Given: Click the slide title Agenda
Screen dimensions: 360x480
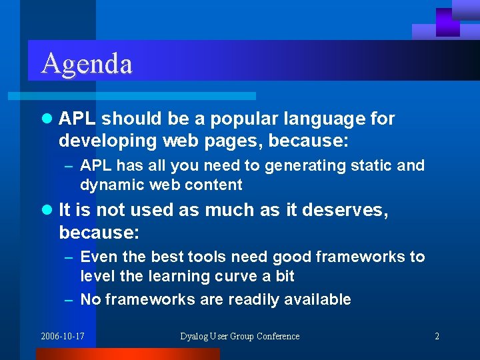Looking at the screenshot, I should coord(87,63).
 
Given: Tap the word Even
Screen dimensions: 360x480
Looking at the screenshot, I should coord(97,257).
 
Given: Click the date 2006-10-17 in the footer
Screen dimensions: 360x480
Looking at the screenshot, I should coord(62,336).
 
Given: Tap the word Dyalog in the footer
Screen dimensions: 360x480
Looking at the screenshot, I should coord(194,336).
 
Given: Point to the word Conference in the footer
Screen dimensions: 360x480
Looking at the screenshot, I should coord(277,336).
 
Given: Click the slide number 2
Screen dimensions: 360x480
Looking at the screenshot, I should coord(437,336).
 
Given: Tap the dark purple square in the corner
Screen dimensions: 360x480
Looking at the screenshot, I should coord(448,22).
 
